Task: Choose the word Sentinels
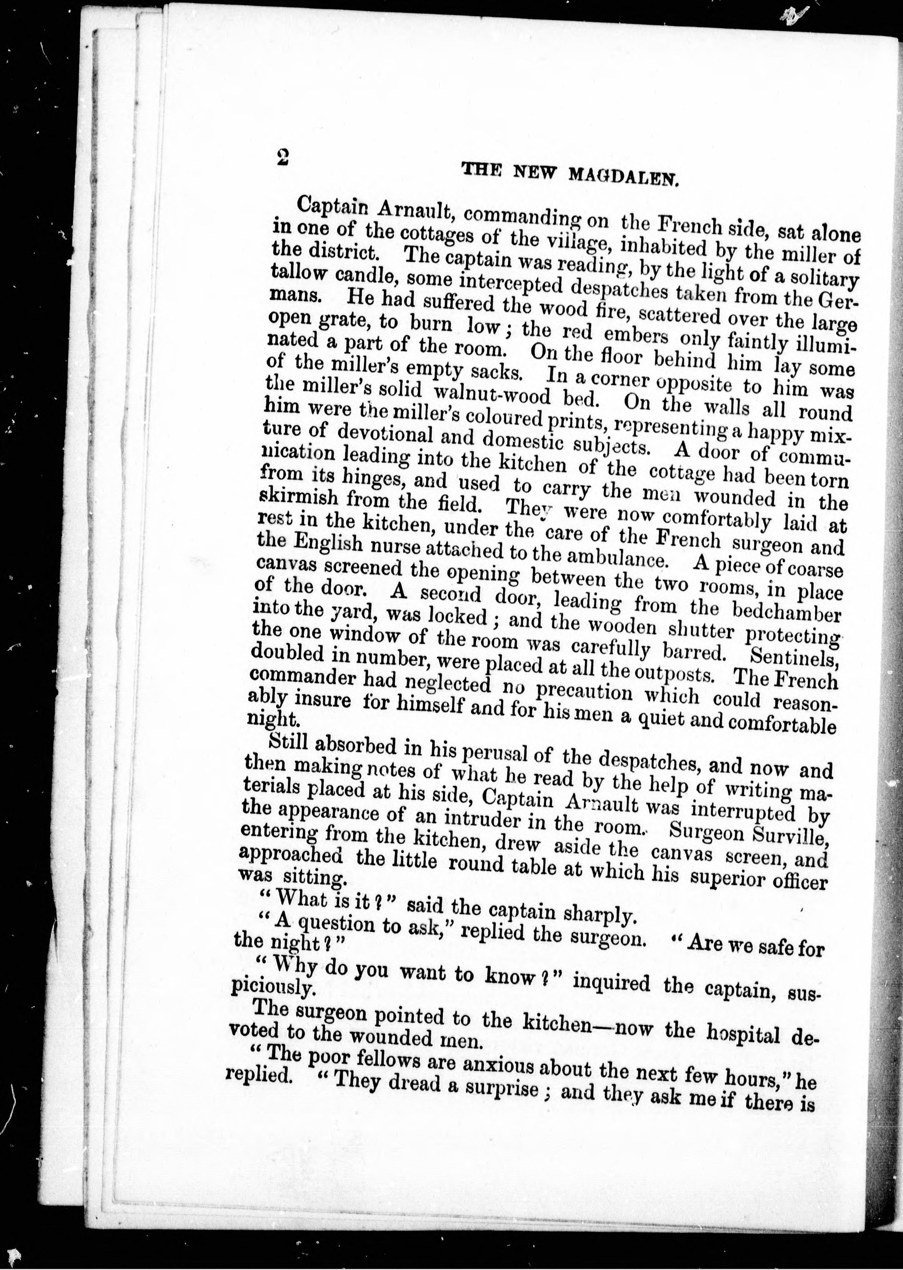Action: (794, 657)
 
